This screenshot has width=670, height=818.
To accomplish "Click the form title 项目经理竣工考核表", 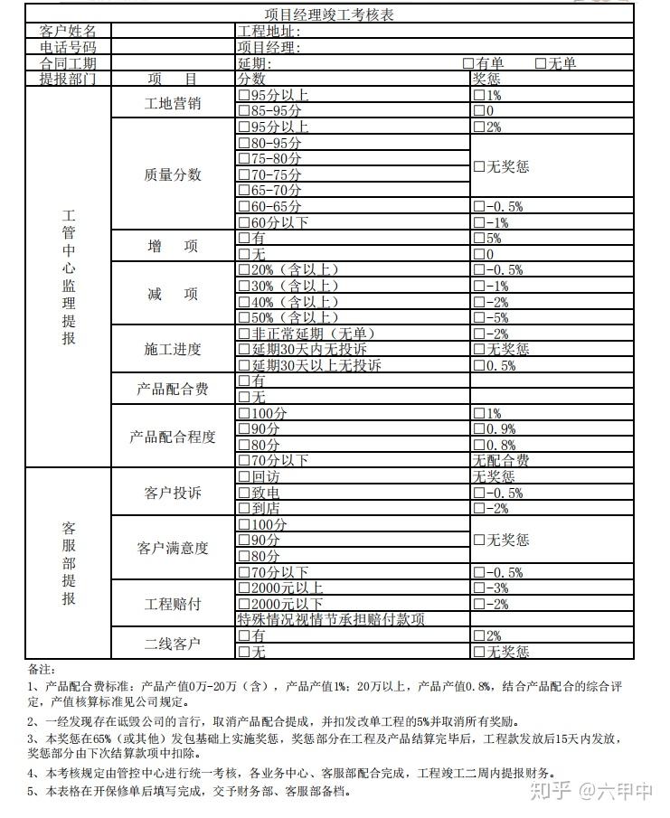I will point(329,15).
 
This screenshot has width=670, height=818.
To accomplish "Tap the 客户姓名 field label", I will point(68,32).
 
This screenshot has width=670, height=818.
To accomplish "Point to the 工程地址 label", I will point(269,32).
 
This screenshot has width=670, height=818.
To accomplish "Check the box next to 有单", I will point(467,63).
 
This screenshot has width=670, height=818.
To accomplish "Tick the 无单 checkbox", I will point(541,63).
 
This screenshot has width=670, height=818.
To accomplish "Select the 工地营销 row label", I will point(173,103).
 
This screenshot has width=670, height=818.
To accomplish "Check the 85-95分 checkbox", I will point(243,111).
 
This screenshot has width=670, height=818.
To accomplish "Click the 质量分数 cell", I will point(173,174).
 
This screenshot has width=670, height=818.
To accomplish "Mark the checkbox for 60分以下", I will point(243,222).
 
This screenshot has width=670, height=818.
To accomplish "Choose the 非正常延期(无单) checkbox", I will point(243,334).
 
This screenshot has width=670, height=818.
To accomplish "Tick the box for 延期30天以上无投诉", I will point(243,365).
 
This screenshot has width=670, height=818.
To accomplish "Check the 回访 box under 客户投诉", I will point(243,476).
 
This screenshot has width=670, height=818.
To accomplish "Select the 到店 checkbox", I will point(243,508).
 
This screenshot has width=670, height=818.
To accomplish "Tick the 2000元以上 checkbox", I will point(243,588).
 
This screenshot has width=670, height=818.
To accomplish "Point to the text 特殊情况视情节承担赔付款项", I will point(331,619).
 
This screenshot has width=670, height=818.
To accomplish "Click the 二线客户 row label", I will point(173,644).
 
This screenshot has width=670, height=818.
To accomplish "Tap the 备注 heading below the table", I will point(42,670).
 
